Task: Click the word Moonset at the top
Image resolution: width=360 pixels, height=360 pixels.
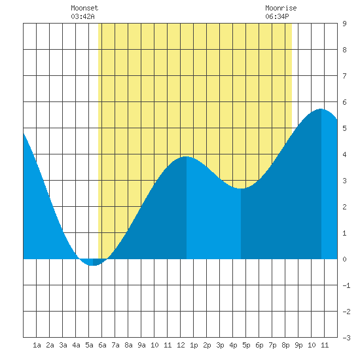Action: pos(84,8)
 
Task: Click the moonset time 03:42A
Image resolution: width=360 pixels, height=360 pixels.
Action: pos(82,16)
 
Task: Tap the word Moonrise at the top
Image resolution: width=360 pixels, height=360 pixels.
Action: pos(281,8)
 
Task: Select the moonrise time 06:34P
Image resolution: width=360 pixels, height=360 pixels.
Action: pos(277,16)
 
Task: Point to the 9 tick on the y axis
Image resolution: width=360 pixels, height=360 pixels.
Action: pos(344,24)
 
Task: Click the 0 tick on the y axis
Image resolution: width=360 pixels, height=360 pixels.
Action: pos(344,259)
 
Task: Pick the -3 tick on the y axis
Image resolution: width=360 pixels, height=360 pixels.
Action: pos(346,338)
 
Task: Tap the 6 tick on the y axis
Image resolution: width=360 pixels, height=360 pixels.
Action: pos(344,102)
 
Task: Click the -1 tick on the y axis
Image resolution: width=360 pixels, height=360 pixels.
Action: pos(346,285)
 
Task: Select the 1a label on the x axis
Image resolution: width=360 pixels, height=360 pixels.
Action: pos(37,345)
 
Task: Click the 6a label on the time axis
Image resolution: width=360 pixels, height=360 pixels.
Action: pos(102,345)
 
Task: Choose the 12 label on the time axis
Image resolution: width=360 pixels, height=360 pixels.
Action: pos(181,345)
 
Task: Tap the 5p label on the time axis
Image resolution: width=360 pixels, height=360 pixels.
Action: pos(246,345)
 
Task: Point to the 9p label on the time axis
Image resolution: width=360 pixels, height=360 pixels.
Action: pos(298,345)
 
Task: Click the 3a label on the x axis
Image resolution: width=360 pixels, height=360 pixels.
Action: pos(63,345)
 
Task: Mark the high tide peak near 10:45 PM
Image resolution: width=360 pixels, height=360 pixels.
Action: pos(321,109)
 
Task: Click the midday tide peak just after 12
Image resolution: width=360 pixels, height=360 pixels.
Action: pos(186,157)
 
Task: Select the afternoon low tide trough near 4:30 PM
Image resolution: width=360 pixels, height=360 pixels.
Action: pos(241,189)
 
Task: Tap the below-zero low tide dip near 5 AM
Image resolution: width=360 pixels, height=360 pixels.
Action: pos(93,265)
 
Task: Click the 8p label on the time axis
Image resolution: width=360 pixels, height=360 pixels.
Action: pos(285,345)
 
